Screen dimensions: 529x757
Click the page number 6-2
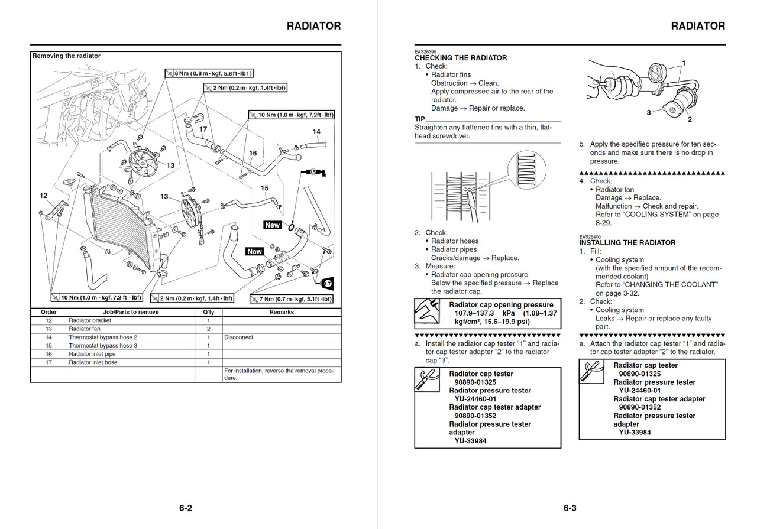[186, 508]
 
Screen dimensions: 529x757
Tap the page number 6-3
[570, 508]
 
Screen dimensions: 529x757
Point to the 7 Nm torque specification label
[292, 299]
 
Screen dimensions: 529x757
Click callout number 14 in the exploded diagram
[316, 132]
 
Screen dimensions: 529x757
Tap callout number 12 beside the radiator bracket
[44, 196]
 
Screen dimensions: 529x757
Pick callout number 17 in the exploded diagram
[203, 129]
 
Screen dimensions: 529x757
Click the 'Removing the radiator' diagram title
[66, 56]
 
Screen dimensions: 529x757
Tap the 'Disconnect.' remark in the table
[240, 337]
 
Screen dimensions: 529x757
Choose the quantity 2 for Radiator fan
[208, 329]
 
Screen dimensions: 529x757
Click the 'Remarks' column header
[282, 312]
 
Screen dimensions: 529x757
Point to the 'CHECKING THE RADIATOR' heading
[461, 58]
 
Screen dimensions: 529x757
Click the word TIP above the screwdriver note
[420, 119]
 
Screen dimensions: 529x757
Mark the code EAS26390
[425, 52]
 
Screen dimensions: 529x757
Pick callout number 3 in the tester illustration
[648, 112]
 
